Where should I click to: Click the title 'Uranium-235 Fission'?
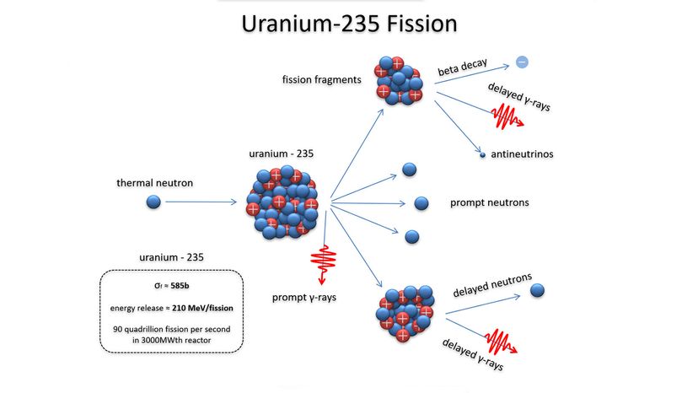click(x=349, y=24)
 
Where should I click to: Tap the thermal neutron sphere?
click(x=153, y=202)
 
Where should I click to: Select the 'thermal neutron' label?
click(x=154, y=183)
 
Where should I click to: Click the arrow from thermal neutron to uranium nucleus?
click(x=201, y=202)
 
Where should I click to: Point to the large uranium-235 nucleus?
click(x=282, y=202)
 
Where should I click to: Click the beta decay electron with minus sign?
click(x=522, y=62)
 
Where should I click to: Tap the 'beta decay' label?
click(x=463, y=67)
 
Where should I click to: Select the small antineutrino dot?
click(x=482, y=155)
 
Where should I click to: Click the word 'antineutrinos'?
click(x=522, y=154)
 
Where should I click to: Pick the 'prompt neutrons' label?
click(x=489, y=202)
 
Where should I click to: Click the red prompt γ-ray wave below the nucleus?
click(x=323, y=264)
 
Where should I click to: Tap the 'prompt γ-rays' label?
click(x=304, y=297)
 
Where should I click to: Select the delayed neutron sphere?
click(x=537, y=290)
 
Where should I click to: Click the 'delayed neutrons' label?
click(x=492, y=285)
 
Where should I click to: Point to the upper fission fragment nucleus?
click(x=399, y=81)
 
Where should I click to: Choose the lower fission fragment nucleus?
click(x=405, y=313)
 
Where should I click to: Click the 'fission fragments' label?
click(x=321, y=80)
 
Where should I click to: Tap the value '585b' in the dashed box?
click(x=180, y=286)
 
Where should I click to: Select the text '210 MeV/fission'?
click(x=202, y=308)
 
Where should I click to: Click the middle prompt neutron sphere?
click(x=421, y=203)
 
